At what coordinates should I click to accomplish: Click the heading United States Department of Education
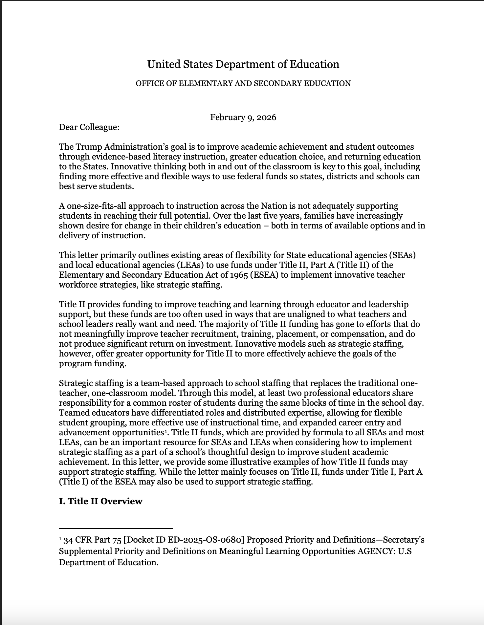(243, 64)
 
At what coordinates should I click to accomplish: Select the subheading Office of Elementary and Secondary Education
(243, 83)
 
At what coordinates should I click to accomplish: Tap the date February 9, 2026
(243, 117)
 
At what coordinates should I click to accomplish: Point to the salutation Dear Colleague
(89, 127)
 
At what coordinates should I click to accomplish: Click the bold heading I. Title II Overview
(100, 501)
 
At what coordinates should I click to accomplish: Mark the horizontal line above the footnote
(116, 528)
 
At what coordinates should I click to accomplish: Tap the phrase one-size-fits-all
(97, 206)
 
